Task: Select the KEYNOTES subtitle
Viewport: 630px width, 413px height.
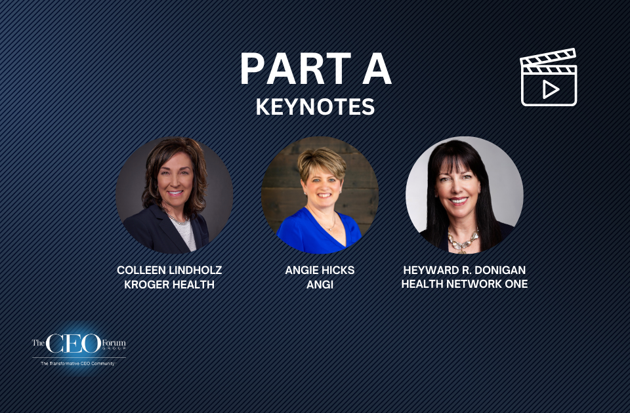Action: click(315, 107)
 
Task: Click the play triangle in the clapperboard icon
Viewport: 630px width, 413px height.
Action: click(550, 88)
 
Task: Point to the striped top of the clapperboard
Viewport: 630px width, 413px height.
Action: click(548, 59)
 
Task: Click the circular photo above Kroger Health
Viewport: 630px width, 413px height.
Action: click(174, 195)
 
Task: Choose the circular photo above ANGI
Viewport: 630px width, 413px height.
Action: click(320, 195)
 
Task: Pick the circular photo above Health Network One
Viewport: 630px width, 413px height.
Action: click(465, 195)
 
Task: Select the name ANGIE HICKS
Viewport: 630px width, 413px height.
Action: click(320, 270)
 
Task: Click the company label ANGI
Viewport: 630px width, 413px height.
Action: click(320, 285)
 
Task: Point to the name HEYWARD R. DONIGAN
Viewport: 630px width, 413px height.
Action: click(465, 270)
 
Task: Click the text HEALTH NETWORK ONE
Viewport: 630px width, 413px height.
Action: click(465, 285)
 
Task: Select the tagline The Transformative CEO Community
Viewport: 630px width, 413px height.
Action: click(77, 363)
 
